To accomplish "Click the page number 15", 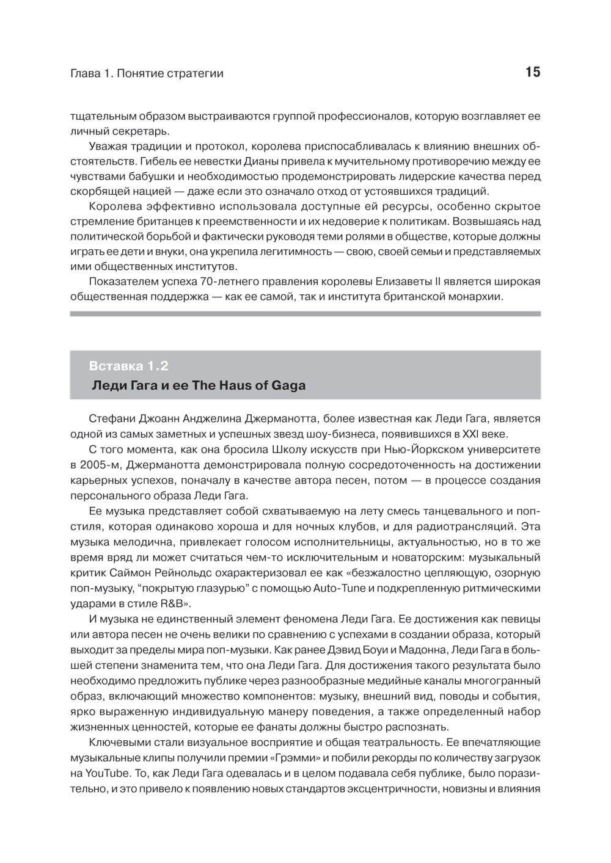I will (x=532, y=72).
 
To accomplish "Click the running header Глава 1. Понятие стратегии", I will (x=147, y=73).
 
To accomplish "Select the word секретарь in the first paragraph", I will (x=145, y=131).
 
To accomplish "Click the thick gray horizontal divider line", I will (x=305, y=313).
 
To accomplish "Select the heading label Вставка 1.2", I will (x=128, y=366).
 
